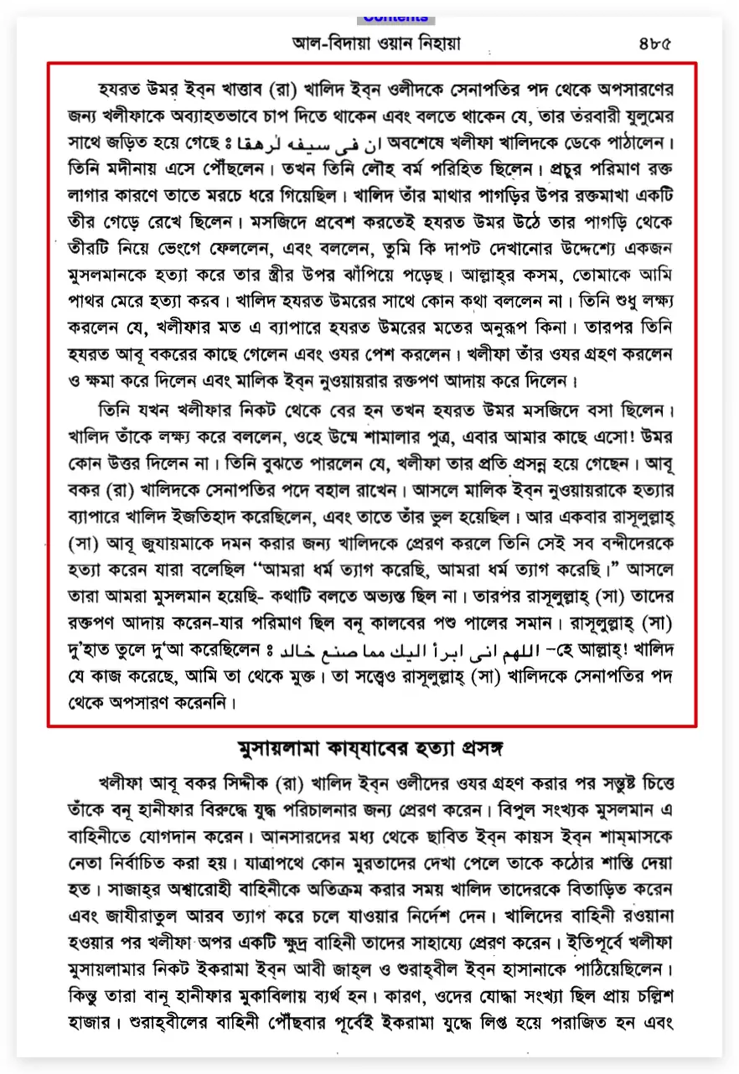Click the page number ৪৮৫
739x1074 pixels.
[655, 44]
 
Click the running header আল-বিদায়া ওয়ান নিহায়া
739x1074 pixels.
[376, 44]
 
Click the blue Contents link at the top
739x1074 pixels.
[395, 18]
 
